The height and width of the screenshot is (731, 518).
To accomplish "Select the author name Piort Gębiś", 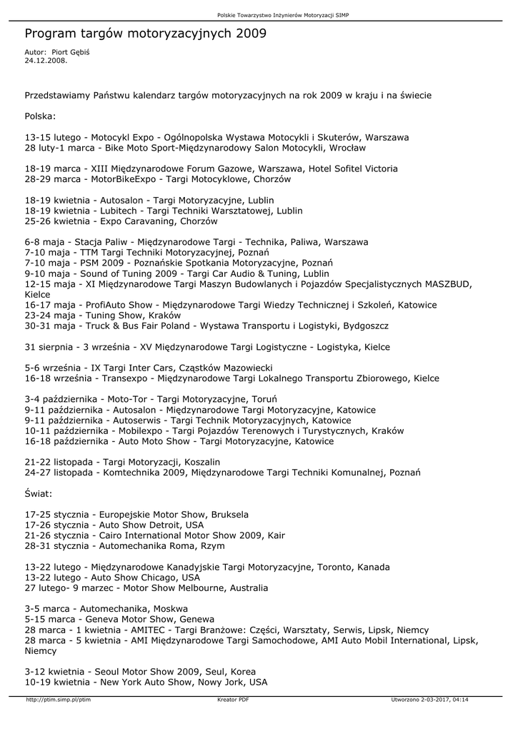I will pos(70,52).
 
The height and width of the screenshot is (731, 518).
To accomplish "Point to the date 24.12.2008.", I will pos(46,61).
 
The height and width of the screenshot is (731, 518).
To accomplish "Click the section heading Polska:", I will pos(40,116).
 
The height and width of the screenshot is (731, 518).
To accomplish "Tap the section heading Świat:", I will pos(39,493).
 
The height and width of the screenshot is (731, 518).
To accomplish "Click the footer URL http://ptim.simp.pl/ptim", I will pos(59,700).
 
